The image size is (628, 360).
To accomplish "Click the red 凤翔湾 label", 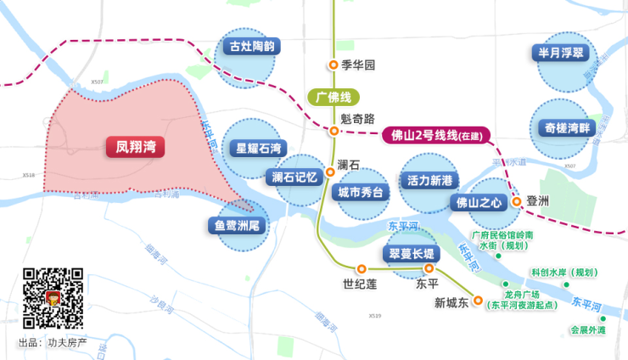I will coord(136,147).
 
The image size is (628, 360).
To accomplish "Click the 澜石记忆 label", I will coord(294,177).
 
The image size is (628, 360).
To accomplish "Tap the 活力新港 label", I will coord(432,180).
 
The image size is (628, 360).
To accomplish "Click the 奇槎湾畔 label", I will coord(563,128).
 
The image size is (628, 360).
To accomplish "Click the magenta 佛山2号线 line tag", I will coord(435,135).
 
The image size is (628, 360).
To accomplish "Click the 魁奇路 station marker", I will coord(334,131).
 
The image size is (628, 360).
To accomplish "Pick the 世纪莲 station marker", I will coord(362,268).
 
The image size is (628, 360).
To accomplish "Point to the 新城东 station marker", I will coord(478,301).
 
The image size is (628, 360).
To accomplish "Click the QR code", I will coord(53,298).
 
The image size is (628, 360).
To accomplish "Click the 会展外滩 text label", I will coord(587,330).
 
